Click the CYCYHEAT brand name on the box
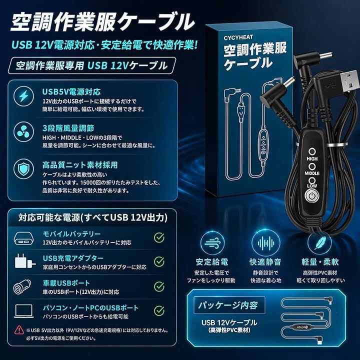coord(238,37)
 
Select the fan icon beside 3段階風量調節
coord(23,132)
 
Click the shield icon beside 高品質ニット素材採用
coord(23,169)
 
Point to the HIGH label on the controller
coord(312,159)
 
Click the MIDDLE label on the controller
coord(312,173)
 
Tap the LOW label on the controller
coord(312,185)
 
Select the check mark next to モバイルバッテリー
coord(159,237)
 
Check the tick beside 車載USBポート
coord(159,286)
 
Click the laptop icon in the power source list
coord(24,311)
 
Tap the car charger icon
coord(22,287)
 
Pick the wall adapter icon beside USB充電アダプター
coord(25,261)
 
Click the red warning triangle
coord(19,330)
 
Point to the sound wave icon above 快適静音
coord(265,243)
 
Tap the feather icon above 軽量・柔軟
coord(319,243)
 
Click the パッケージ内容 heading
coord(228,305)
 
